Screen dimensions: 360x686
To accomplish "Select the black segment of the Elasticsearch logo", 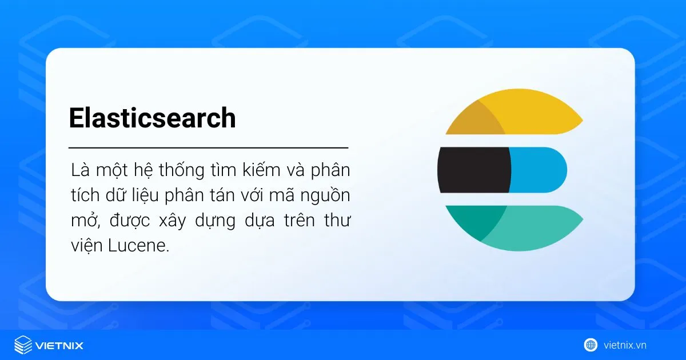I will click(473, 170).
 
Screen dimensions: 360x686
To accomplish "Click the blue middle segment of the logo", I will click(537, 170).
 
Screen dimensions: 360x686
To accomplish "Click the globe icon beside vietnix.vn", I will click(591, 345).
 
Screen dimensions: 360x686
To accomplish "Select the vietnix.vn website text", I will click(625, 345).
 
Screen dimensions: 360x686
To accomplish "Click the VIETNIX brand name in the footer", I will click(59, 345).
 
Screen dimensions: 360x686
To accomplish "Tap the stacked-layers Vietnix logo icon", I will click(23, 345).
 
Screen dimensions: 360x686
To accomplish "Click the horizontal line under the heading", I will click(208, 147).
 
